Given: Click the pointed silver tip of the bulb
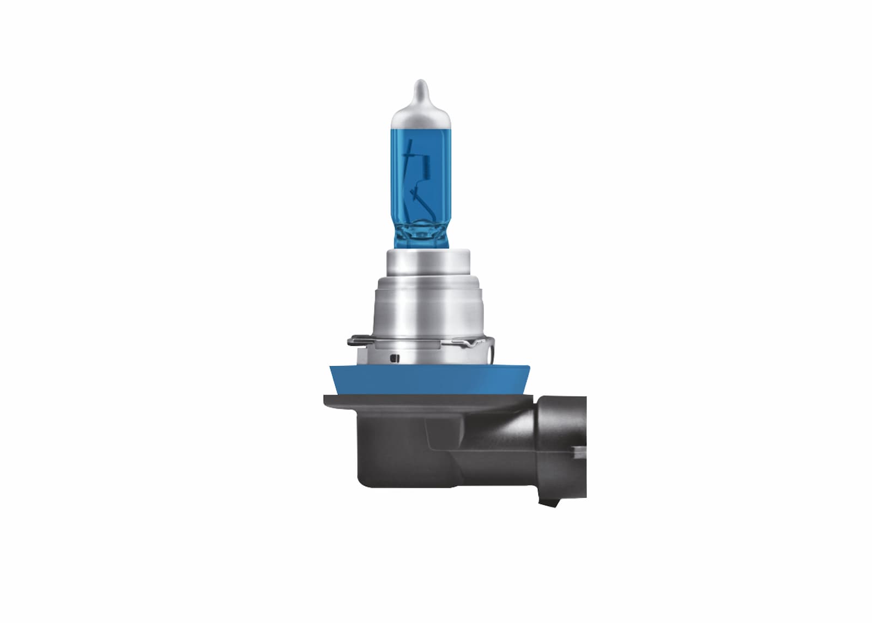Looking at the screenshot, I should point(419,87).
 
